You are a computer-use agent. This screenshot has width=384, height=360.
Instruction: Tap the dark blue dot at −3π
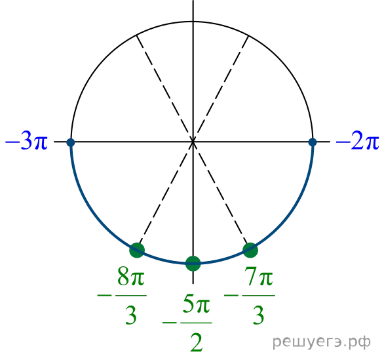(x=71, y=142)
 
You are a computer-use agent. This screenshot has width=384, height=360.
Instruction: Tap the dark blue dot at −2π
(x=313, y=142)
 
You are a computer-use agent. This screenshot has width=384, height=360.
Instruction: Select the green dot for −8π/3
(x=137, y=250)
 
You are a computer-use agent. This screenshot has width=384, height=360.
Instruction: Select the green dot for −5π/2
(x=193, y=264)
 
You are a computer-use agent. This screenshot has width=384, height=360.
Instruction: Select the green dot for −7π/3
(x=250, y=250)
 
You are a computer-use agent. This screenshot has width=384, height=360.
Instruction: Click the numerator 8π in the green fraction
(x=131, y=277)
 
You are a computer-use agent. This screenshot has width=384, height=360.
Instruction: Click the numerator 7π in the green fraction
(x=259, y=277)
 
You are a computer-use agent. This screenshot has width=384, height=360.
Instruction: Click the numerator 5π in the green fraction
(x=197, y=304)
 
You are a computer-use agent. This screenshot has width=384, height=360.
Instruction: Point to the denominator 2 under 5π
(x=197, y=342)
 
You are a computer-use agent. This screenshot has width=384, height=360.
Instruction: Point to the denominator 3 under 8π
(x=131, y=315)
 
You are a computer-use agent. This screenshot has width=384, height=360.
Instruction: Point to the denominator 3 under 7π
(x=258, y=315)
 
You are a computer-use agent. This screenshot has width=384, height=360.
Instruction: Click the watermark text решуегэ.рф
(x=321, y=342)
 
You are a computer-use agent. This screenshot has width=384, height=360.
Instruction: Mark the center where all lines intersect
(x=193, y=142)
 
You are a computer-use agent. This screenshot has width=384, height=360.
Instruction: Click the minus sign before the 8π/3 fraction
(x=104, y=295)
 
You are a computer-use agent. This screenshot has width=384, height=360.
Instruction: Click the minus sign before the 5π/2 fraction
(x=170, y=323)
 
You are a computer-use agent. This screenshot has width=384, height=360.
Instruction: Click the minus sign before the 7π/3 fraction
(x=231, y=295)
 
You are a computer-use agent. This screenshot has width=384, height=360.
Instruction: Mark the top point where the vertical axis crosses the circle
(x=193, y=22)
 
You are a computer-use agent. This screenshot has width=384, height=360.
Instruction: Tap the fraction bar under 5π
(x=197, y=323)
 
